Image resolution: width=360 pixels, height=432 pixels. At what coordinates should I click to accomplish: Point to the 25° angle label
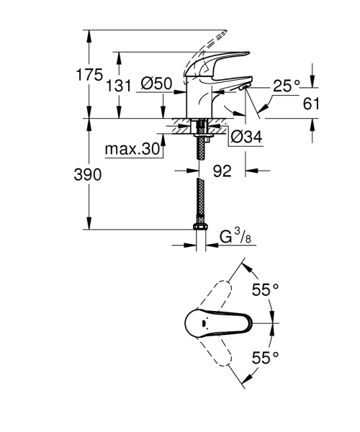(x=286, y=85)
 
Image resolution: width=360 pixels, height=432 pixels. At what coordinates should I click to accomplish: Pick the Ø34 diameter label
(x=245, y=133)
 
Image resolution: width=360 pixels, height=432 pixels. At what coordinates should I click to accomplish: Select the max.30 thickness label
(x=131, y=149)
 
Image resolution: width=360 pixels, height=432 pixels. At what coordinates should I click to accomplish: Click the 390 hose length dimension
(x=86, y=175)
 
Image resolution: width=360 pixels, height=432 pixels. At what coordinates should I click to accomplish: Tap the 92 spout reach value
(x=222, y=172)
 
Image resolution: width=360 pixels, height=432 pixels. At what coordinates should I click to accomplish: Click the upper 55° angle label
(x=264, y=290)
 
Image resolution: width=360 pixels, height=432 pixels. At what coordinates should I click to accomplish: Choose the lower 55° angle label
(x=264, y=357)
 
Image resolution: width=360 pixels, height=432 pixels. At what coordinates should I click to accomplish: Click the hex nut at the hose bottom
(x=201, y=229)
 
